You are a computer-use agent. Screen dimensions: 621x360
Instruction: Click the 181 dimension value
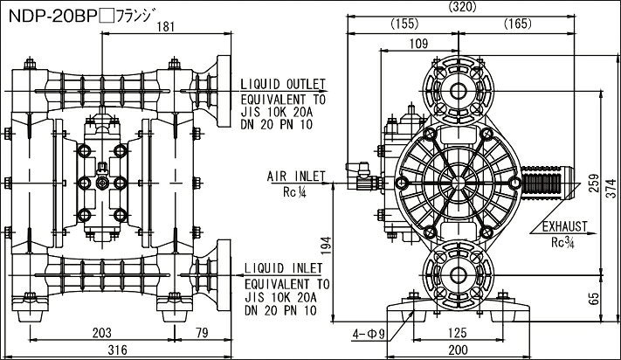tap(165, 27)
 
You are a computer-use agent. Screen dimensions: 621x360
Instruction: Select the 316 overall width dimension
tap(118, 350)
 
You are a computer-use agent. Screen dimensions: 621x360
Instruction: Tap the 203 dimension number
tap(102, 333)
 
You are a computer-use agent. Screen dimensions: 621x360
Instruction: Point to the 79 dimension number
tap(203, 333)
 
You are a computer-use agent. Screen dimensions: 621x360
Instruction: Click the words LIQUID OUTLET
tap(283, 85)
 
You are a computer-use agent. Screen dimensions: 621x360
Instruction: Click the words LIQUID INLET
tap(283, 268)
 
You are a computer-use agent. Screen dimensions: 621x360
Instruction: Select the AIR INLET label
tap(296, 177)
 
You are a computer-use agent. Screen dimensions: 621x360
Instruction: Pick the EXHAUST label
tap(564, 226)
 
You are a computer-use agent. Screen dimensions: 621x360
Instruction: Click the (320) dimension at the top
tap(462, 7)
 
